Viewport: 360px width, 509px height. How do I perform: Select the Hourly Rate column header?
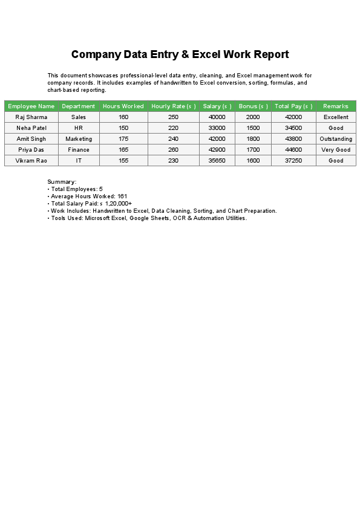(174, 106)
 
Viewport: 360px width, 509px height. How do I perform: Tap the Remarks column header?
(336, 106)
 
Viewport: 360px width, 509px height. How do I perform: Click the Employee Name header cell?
(31, 106)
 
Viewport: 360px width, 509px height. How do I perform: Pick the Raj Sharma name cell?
(31, 117)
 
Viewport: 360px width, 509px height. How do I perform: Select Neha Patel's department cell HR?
(79, 128)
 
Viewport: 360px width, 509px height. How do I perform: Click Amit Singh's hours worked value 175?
(123, 139)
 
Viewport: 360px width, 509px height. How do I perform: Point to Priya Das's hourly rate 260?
(174, 150)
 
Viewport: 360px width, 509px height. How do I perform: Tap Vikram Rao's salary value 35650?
(217, 161)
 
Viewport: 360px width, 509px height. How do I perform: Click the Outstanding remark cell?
(336, 139)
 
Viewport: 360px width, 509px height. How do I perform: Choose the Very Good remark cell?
(336, 150)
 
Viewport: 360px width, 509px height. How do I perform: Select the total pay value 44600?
(293, 150)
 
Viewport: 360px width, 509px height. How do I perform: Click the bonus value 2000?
(254, 117)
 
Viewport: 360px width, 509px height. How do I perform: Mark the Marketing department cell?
(79, 139)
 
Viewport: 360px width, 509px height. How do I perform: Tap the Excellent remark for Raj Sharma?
(336, 117)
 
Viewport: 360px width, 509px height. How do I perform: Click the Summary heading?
(62, 181)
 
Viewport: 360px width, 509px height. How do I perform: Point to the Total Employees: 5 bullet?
(76, 189)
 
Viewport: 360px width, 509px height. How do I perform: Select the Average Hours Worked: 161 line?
(88, 196)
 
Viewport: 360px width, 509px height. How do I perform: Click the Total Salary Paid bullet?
(91, 204)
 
